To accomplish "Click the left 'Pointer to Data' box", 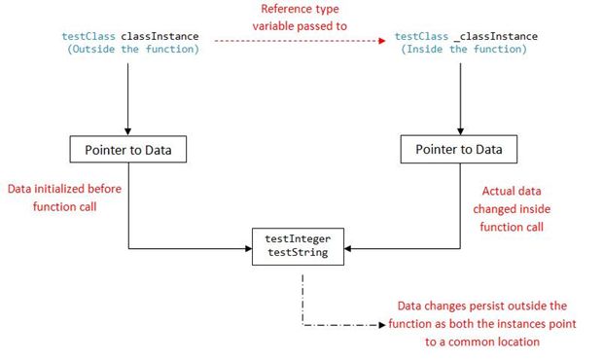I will pyautogui.click(x=128, y=150).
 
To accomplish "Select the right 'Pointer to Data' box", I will pyautogui.click(x=459, y=150).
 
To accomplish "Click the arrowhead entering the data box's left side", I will pyautogui.click(x=248, y=247).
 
